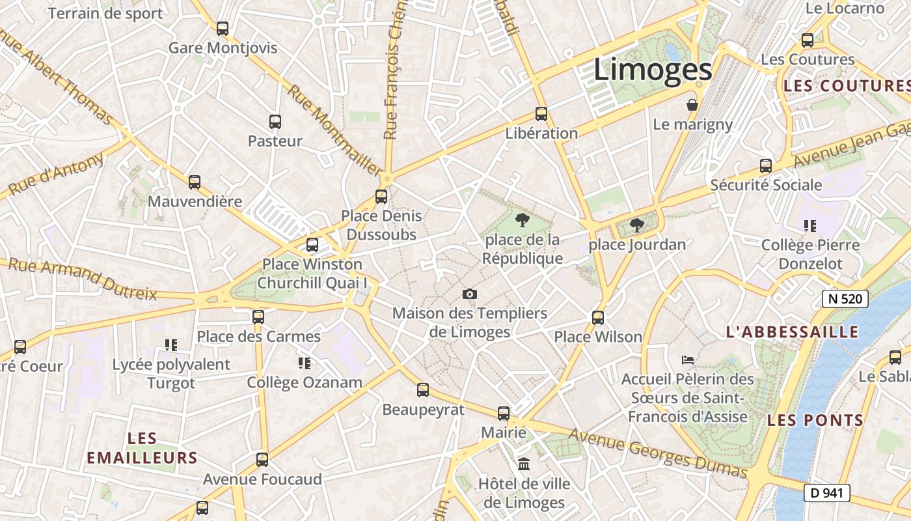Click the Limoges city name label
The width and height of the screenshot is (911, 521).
[653, 70]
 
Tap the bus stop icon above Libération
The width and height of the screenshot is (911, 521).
[541, 114]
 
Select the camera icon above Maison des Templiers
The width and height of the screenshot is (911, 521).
[470, 294]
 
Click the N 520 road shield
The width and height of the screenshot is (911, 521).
[845, 299]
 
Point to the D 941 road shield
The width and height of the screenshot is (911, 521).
[827, 493]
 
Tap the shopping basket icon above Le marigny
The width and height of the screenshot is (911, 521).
[692, 105]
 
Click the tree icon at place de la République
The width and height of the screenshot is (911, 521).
[522, 220]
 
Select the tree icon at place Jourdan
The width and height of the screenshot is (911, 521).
[636, 225]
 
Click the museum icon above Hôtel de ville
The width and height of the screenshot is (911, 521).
[524, 464]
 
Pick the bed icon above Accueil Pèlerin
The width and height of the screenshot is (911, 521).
[688, 359]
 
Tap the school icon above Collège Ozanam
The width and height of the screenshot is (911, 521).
[304, 363]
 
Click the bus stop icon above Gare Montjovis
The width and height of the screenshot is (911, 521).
[223, 29]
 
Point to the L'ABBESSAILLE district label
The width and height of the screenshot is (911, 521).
[792, 332]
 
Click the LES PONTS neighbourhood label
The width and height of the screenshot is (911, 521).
[815, 420]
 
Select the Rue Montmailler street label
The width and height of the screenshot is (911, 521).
[334, 130]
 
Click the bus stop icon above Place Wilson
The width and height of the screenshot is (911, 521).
[598, 318]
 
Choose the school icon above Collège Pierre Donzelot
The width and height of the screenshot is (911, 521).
[810, 226]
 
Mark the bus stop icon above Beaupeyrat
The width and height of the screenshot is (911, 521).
[423, 390]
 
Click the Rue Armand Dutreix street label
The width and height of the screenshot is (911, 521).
[83, 279]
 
